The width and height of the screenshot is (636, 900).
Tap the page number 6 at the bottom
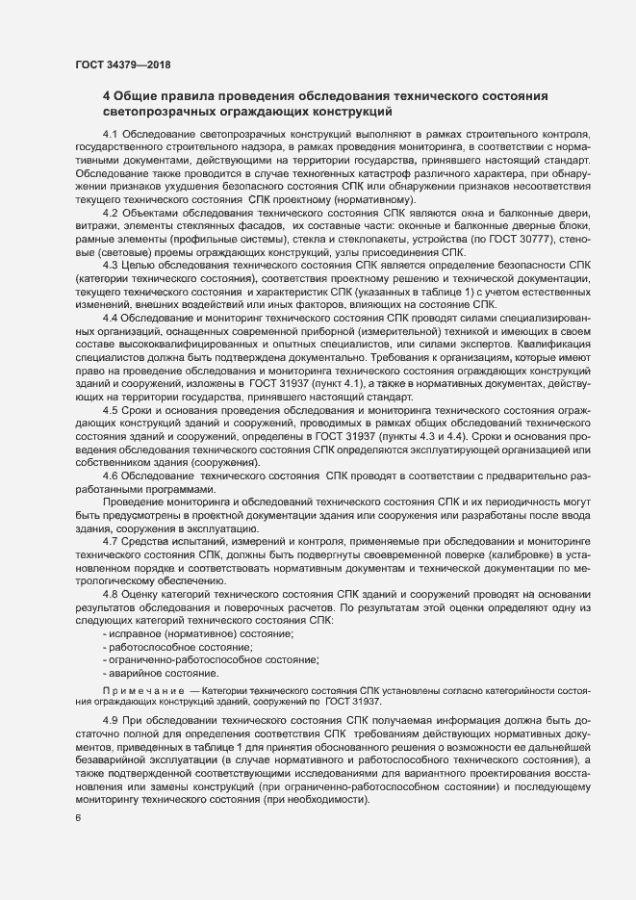pyautogui.click(x=77, y=818)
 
